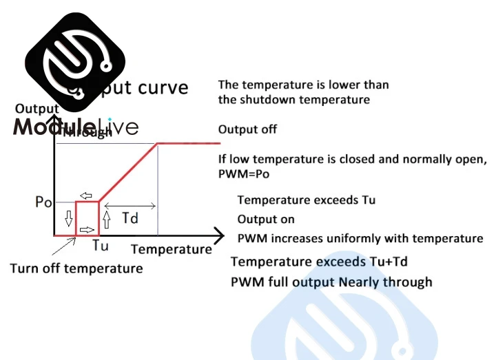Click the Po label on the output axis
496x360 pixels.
pos(43,202)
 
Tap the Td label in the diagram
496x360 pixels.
pos(130,218)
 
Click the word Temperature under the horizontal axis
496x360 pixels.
pos(172,249)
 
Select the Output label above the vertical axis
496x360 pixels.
pos(37,108)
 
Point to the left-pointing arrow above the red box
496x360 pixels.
pos(85,195)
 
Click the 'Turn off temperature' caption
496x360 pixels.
pos(76,268)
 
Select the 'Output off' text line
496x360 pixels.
pos(247,129)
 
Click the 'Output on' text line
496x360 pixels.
pos(266,220)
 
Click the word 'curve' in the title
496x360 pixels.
pos(163,88)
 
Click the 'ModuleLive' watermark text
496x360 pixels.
pos(75,127)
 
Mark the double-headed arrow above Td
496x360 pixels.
pos(130,205)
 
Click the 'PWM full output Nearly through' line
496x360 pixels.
pos(331,282)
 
